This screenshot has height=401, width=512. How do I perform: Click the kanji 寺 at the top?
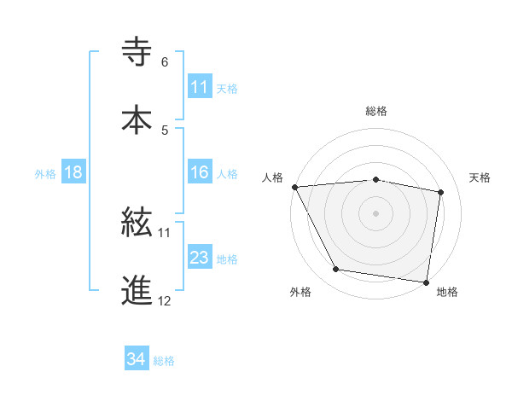pyautogui.click(x=137, y=51)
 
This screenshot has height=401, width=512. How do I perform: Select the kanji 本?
pyautogui.click(x=137, y=119)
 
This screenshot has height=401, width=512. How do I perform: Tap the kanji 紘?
pyautogui.click(x=137, y=223)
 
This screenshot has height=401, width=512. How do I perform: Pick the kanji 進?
pyautogui.click(x=137, y=289)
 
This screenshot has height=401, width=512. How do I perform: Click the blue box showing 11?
pyautogui.click(x=200, y=87)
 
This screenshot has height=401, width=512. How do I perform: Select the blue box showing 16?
pyautogui.click(x=200, y=172)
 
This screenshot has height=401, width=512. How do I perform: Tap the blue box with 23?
pyautogui.click(x=200, y=258)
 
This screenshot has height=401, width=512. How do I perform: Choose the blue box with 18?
pyautogui.click(x=73, y=172)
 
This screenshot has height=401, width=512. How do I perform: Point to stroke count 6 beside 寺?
pyautogui.click(x=165, y=62)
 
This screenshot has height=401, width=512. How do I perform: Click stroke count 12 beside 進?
pyautogui.click(x=165, y=300)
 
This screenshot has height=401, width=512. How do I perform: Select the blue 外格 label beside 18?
pyautogui.click(x=45, y=173)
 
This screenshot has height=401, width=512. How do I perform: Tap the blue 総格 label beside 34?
pyautogui.click(x=164, y=361)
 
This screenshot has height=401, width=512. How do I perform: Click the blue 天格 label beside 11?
pyautogui.click(x=227, y=88)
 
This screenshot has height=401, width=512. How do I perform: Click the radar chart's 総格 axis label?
pyautogui.click(x=376, y=111)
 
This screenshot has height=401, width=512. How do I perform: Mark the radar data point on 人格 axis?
pyautogui.click(x=294, y=187)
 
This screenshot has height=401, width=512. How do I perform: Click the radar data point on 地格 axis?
pyautogui.click(x=427, y=282)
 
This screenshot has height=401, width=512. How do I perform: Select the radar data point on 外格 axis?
pyautogui.click(x=336, y=270)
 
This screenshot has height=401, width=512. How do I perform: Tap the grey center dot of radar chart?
pyautogui.click(x=376, y=212)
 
